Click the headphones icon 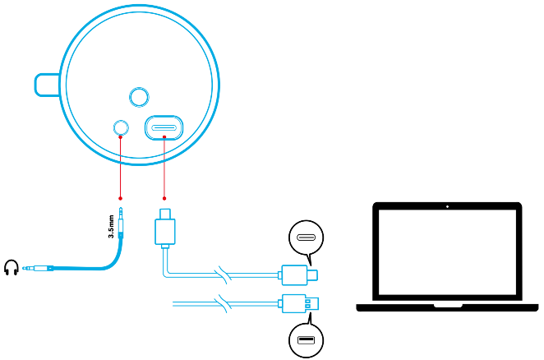(12, 268)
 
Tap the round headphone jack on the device (121, 127)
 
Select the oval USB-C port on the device (164, 128)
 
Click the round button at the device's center (139, 97)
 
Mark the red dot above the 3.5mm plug (121, 197)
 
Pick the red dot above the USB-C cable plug (164, 197)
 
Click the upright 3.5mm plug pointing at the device (122, 224)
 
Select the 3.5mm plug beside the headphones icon (38, 268)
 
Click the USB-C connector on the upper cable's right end (300, 274)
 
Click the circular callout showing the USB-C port (303, 238)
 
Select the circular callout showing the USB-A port (303, 340)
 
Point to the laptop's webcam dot (449, 205)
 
